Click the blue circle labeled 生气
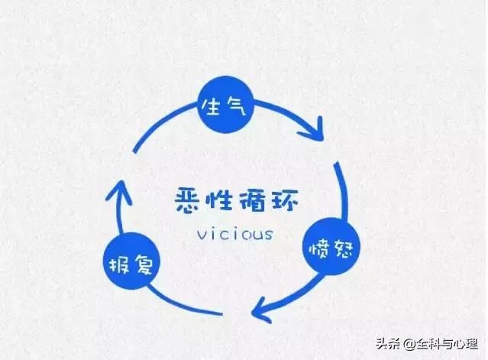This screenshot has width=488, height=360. coord(227,105)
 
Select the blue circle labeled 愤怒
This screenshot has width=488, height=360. coord(331,247)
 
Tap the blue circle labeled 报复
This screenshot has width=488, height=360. coord(131,261)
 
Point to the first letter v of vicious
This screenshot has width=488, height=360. coord(202,235)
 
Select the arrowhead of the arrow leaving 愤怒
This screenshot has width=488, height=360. coord(261,310)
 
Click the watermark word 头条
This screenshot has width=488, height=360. coord(387,343)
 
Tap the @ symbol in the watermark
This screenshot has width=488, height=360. coord(409,344)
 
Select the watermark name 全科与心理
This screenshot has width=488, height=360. coord(448,343)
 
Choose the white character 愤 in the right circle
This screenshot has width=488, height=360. coord(318,250)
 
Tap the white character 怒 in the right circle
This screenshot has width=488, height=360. coord(343,248)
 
